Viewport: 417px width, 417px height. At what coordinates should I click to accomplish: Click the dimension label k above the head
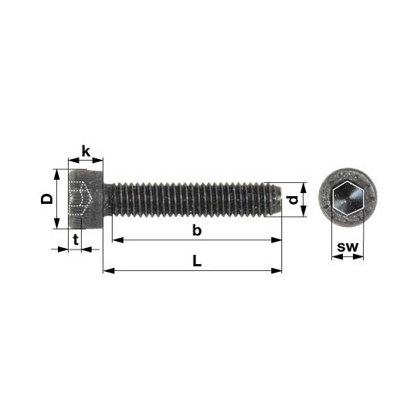86,151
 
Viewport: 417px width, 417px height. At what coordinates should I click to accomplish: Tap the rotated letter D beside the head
47,198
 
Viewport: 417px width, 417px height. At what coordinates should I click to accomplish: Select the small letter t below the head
76,239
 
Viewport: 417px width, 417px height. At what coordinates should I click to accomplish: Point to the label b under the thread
197,230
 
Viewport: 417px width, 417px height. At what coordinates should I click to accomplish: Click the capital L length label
197,261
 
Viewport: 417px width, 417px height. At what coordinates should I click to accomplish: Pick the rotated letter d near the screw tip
293,199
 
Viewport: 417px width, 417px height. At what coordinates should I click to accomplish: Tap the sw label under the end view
347,247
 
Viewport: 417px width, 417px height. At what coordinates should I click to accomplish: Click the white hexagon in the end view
347,198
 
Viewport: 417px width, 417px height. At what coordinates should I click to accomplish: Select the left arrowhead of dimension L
109,271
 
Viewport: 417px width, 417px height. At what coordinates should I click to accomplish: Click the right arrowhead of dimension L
276,271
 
